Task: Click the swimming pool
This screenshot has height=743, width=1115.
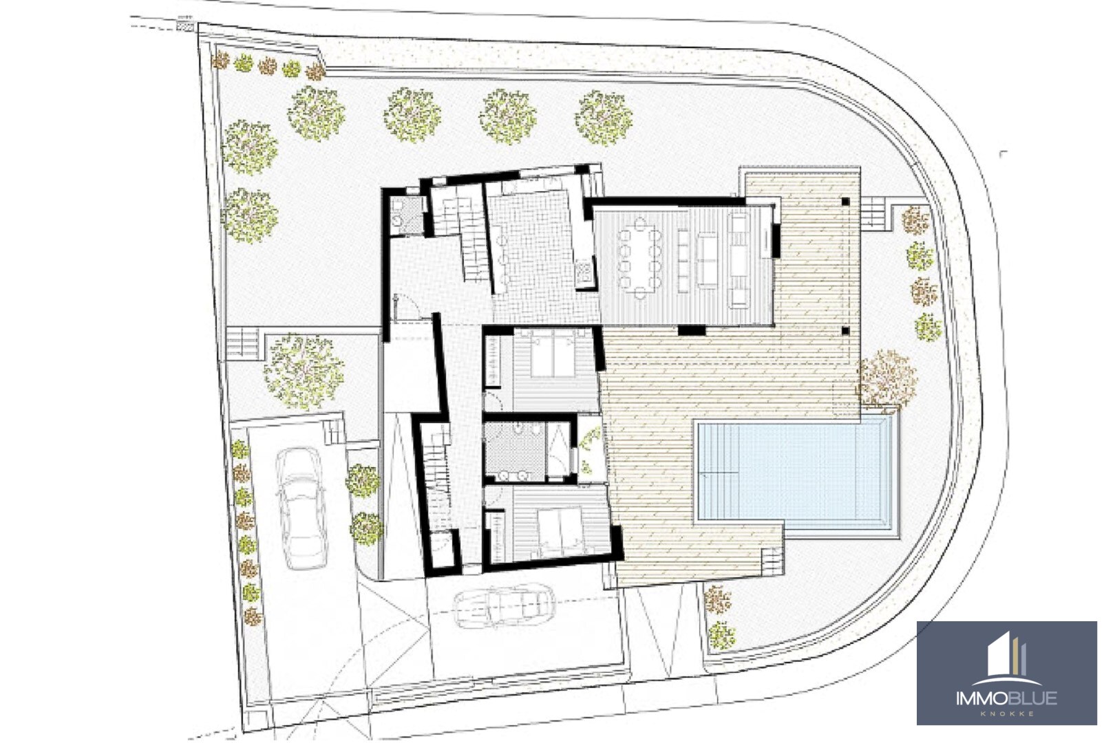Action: (797, 471)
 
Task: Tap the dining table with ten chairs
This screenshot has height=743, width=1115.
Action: (639, 258)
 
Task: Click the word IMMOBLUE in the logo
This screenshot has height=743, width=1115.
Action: (1006, 699)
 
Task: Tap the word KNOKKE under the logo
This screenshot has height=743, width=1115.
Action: (1006, 714)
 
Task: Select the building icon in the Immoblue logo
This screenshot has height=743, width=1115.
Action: (1006, 655)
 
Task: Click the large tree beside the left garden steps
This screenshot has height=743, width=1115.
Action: (303, 371)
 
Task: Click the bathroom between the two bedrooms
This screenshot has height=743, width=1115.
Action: (516, 450)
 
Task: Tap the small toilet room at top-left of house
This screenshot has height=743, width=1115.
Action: (407, 214)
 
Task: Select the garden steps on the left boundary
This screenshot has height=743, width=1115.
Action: (242, 341)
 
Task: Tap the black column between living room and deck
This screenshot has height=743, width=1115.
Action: (692, 330)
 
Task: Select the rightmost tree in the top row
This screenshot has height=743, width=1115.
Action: (604, 118)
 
